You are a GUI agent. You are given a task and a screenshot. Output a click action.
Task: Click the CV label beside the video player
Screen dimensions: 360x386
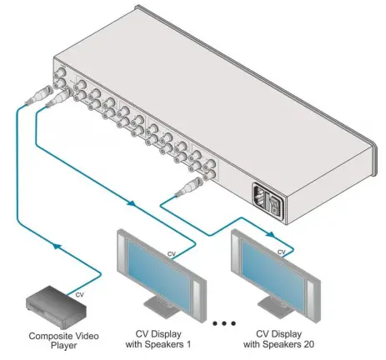79,292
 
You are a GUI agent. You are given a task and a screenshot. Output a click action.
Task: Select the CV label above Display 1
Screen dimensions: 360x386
172,252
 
